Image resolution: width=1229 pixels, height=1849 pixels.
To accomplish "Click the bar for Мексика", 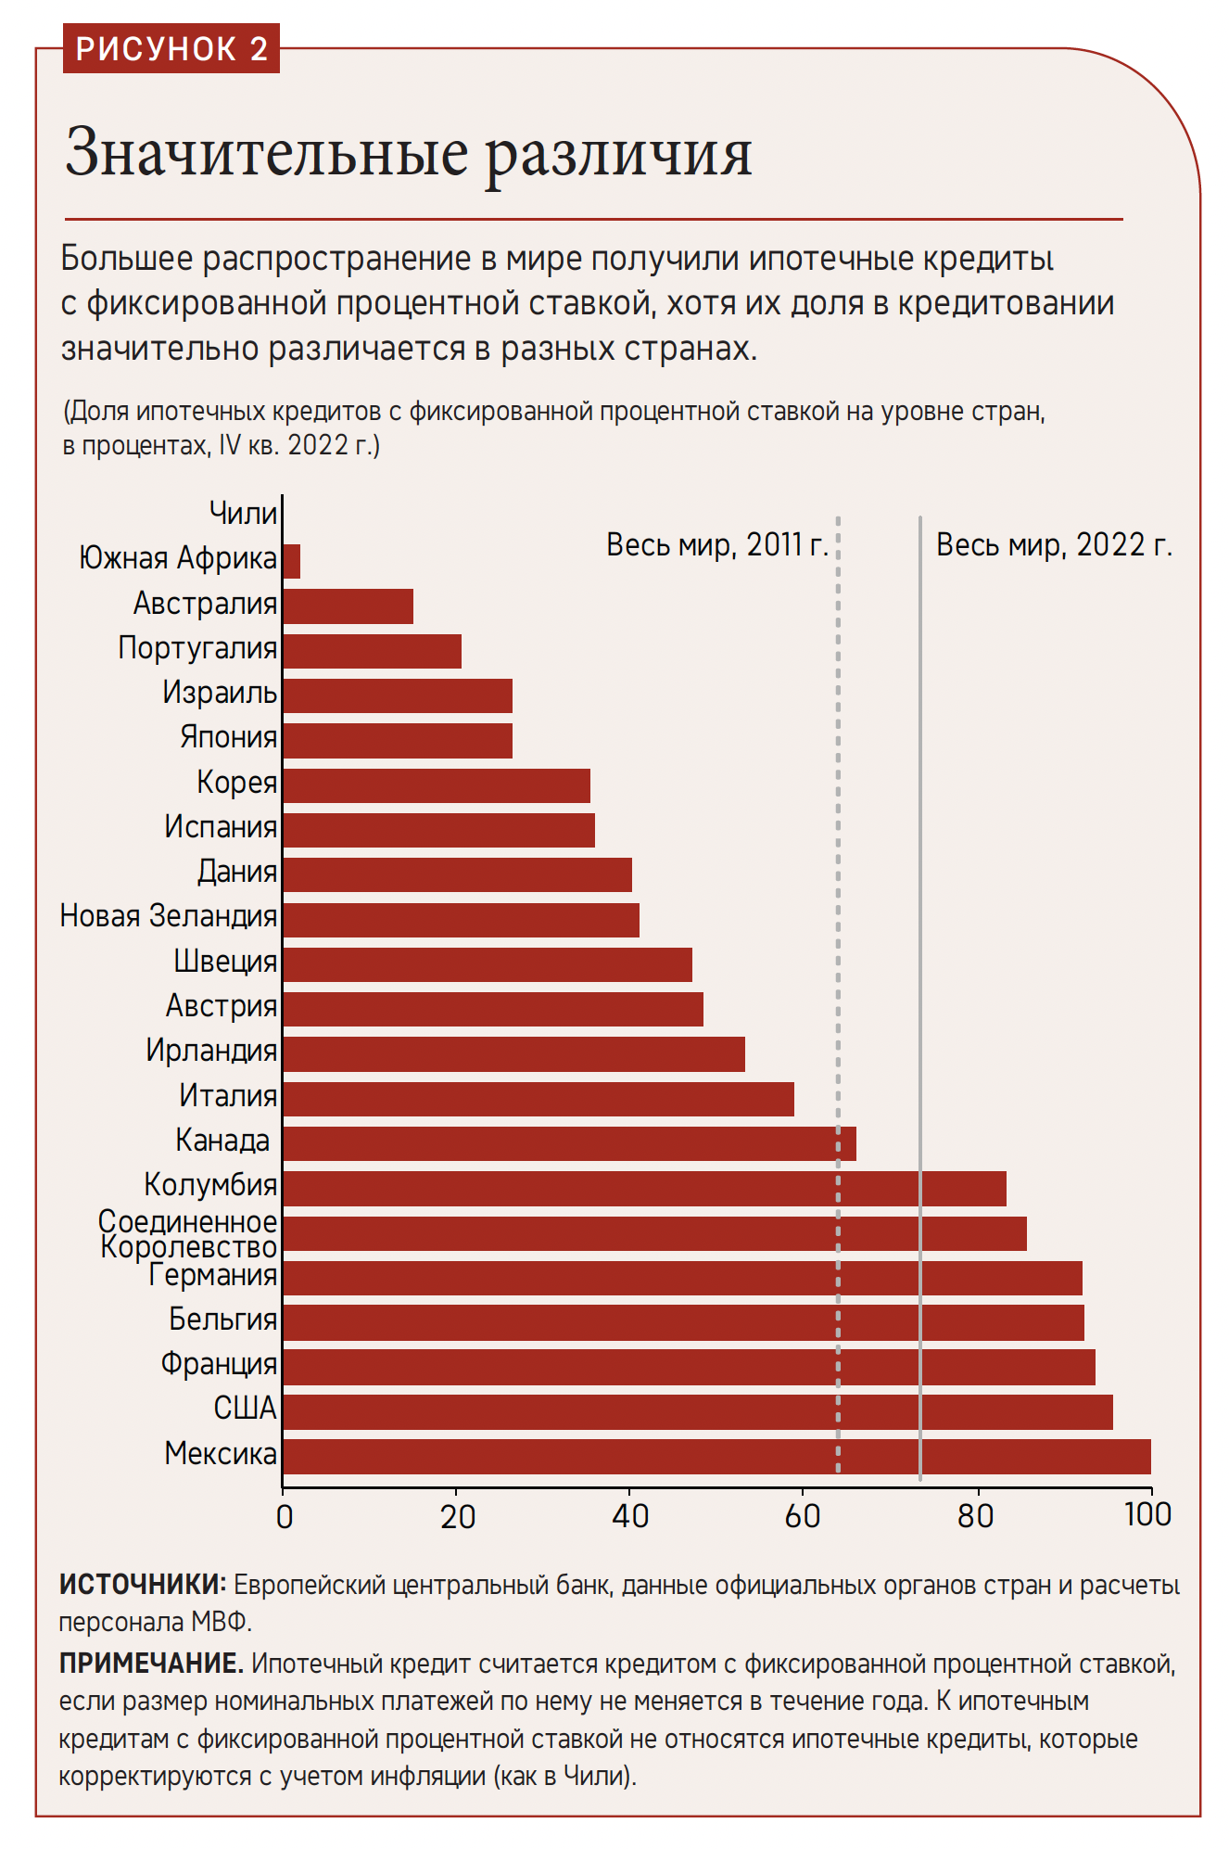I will coord(716,1456).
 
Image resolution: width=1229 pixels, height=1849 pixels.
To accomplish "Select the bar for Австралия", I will coord(348,606).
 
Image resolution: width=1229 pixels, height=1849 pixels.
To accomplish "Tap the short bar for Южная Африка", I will coord(291,561).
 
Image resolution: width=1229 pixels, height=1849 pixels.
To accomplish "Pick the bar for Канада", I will coord(568,1142).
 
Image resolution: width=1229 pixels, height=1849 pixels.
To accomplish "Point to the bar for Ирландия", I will coord(513,1053).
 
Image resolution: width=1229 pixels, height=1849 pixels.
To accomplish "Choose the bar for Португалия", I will coord(372,651).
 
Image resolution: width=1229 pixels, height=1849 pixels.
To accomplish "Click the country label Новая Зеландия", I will coord(168,916).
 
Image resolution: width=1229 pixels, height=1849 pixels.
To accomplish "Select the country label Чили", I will coord(243,513).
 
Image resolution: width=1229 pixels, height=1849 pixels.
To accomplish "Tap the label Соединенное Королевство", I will coord(188,1234).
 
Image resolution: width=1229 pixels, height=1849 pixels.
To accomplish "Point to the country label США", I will coord(245,1409).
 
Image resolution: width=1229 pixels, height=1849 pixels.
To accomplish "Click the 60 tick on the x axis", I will coord(802,1516).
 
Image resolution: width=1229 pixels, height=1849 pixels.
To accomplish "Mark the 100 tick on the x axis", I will coord(1147,1514).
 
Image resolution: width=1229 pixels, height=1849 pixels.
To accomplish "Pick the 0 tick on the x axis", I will coord(285,1516).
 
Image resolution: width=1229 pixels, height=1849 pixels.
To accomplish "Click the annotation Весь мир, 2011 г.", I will coord(716,545).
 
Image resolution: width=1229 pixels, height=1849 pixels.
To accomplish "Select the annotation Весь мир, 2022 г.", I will coord(1054,545).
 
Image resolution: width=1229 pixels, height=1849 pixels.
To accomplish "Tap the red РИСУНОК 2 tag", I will coord(171,49).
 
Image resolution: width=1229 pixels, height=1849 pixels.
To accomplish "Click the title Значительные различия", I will coord(408,154).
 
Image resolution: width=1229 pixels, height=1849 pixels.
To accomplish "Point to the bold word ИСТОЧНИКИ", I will coord(142,1584).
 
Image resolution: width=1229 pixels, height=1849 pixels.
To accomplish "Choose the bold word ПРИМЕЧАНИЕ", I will coord(151,1663).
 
